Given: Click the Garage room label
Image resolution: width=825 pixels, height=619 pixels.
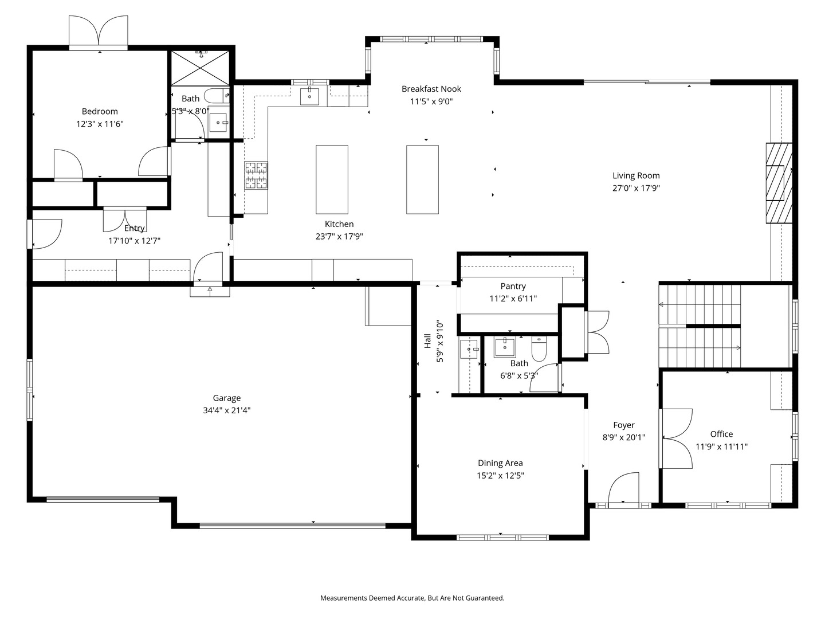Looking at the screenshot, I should pos(227,398).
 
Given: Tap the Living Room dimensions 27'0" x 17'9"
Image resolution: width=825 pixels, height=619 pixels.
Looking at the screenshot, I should pos(636,188).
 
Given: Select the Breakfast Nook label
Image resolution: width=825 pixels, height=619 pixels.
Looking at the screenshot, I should pos(431,89).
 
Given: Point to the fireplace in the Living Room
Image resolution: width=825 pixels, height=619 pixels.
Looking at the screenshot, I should pos(779,183).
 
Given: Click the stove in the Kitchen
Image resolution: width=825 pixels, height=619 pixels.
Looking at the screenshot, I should pos(256,175).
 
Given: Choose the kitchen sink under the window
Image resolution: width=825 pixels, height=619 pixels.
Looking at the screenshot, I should pos(309,96).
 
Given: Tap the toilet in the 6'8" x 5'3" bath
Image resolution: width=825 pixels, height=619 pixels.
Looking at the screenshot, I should pos(540,348).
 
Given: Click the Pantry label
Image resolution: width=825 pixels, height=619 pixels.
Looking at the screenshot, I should pos(513,286).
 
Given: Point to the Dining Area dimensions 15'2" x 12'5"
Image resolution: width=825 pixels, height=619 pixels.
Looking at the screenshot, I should pos(500,475).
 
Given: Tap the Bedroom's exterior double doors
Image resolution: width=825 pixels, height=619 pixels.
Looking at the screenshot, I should pos(99,32).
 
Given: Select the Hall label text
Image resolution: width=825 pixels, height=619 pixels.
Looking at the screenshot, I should pos(427,341).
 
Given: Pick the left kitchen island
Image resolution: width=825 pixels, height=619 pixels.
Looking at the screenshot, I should pos(332,179).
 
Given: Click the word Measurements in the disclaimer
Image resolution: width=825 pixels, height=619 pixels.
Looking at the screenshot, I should pos(344,598).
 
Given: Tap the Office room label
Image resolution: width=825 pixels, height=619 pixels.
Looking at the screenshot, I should pos(721,434).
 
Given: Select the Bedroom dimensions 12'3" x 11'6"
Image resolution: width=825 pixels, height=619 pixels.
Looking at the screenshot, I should pos(100,124).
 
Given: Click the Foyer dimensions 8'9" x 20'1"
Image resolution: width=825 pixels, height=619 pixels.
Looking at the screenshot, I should pos(623,437).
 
